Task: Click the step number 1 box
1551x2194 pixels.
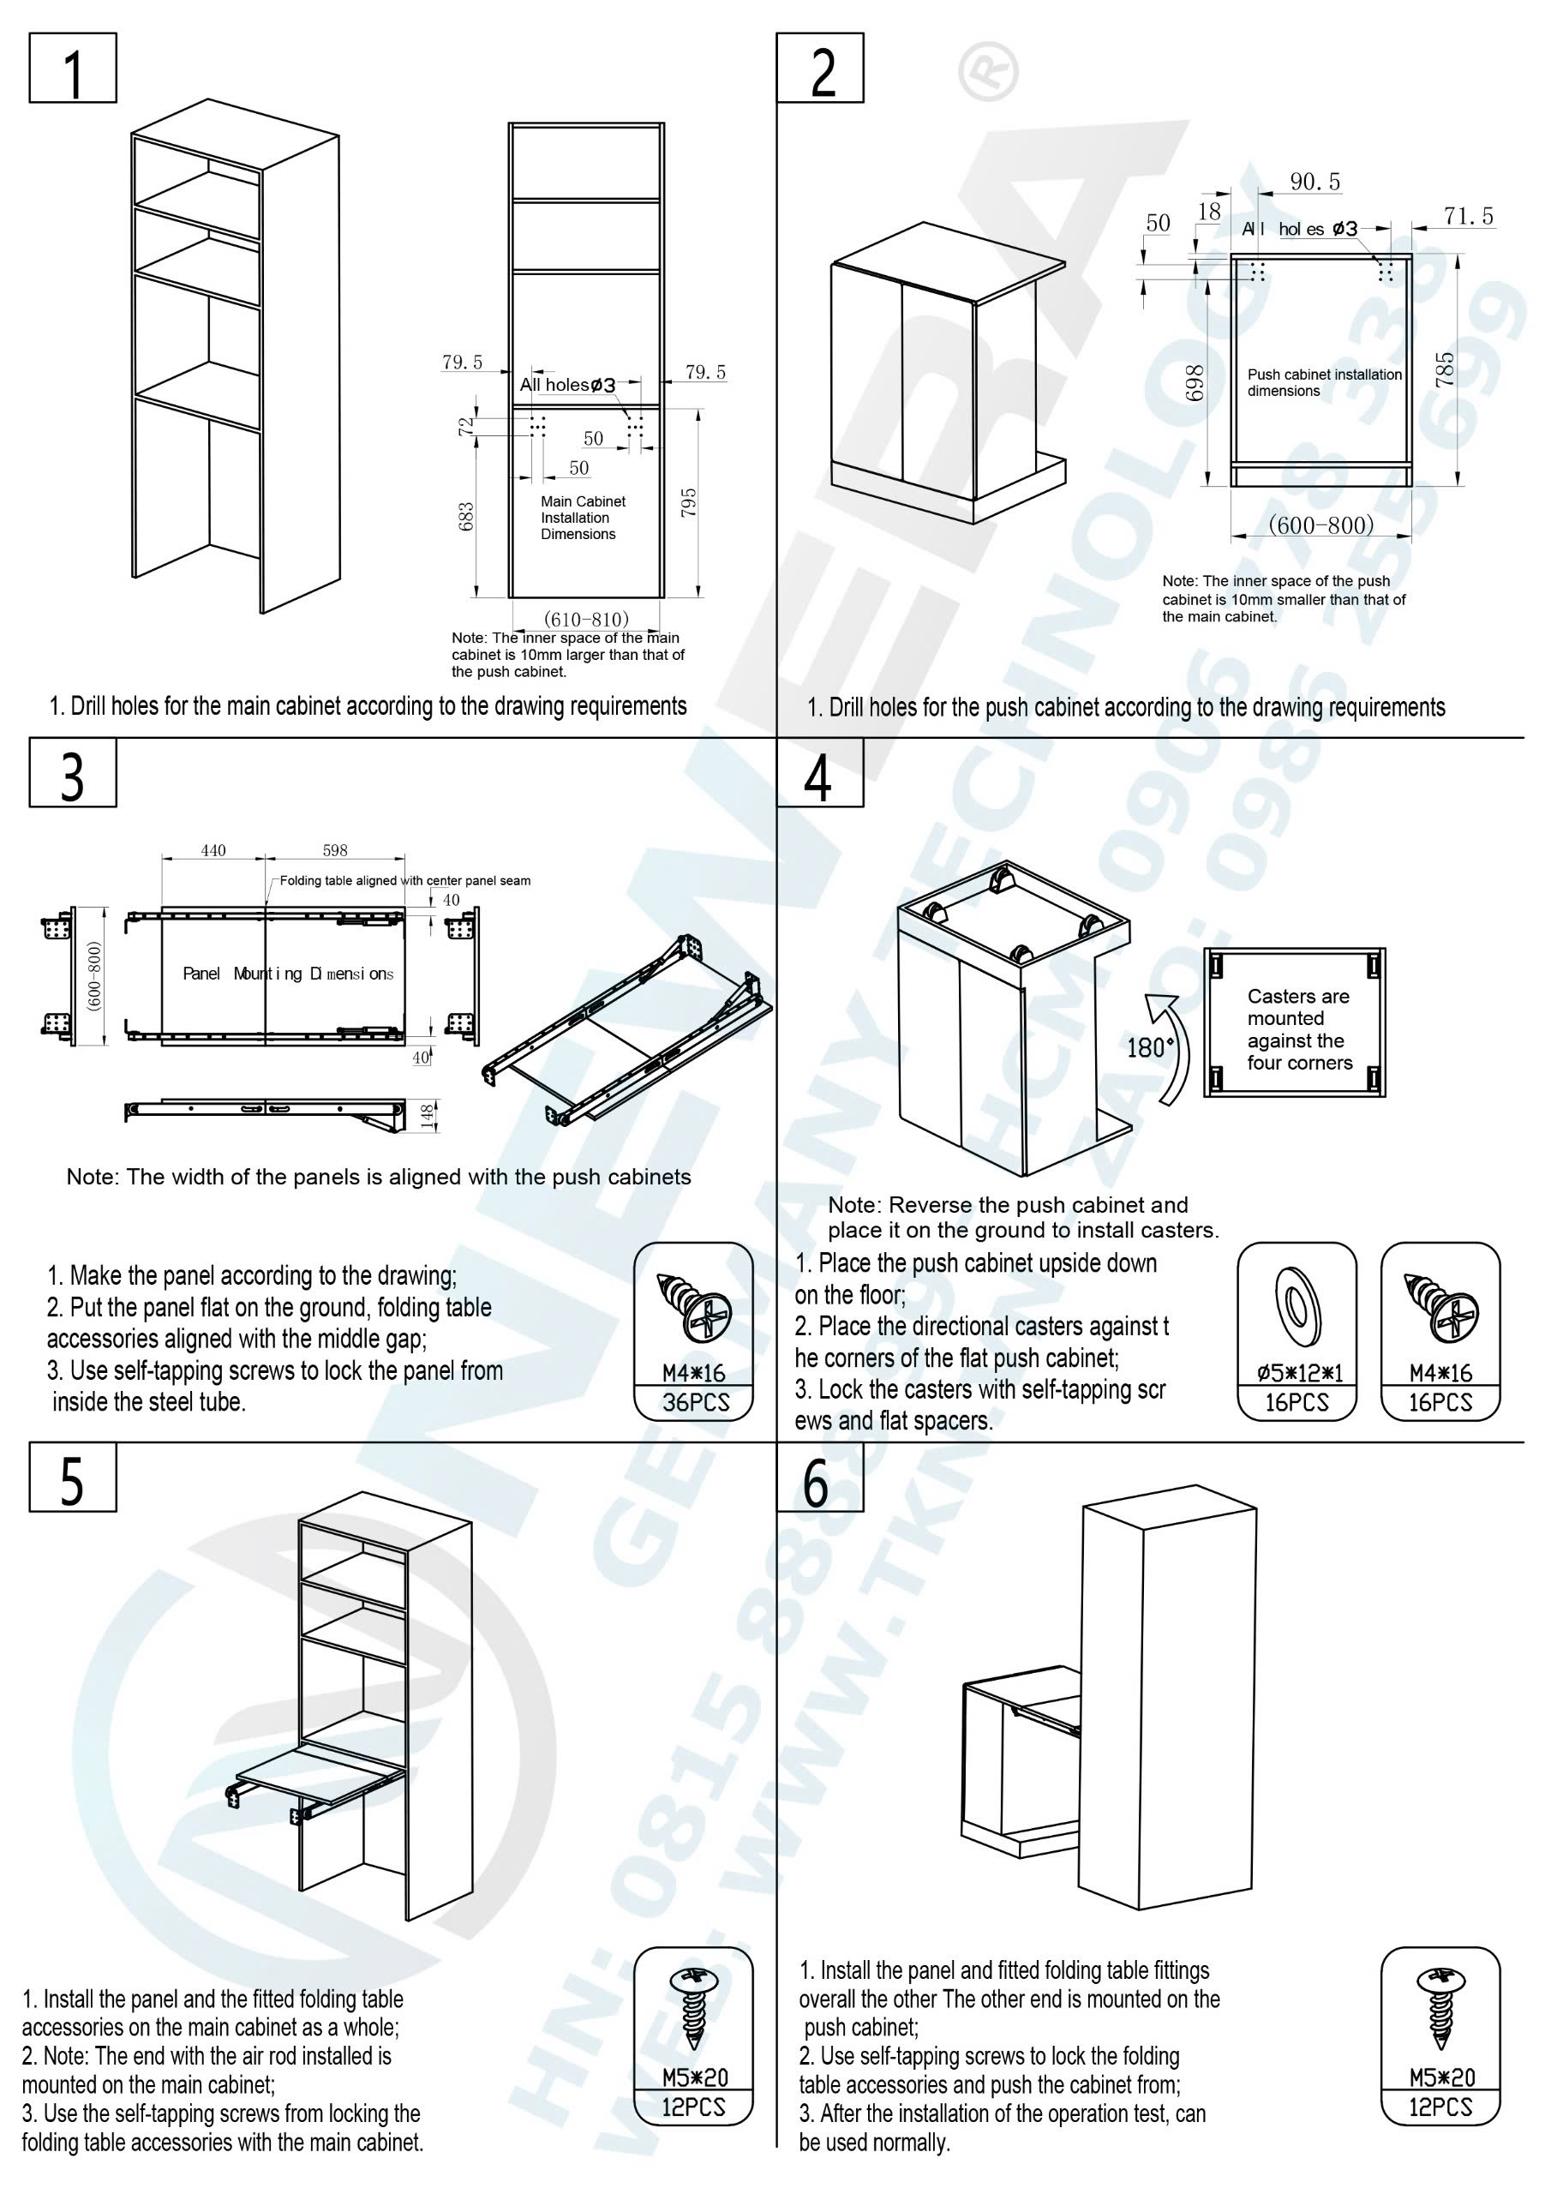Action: (73, 69)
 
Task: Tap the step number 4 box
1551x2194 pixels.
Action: (819, 773)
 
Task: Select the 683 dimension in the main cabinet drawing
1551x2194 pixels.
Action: (466, 517)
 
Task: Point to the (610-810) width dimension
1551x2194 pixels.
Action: (586, 620)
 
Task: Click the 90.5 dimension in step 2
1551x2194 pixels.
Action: (1315, 182)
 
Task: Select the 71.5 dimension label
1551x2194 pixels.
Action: (1468, 217)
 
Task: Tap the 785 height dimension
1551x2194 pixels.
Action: (1445, 369)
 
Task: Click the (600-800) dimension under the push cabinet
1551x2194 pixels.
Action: (1320, 525)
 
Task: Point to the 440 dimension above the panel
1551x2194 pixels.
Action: (213, 850)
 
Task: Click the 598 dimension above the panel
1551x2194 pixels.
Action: (334, 850)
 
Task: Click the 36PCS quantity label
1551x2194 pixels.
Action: (696, 1403)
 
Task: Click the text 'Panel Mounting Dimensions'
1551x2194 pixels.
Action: (288, 974)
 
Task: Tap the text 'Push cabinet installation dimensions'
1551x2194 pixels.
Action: (1324, 382)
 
